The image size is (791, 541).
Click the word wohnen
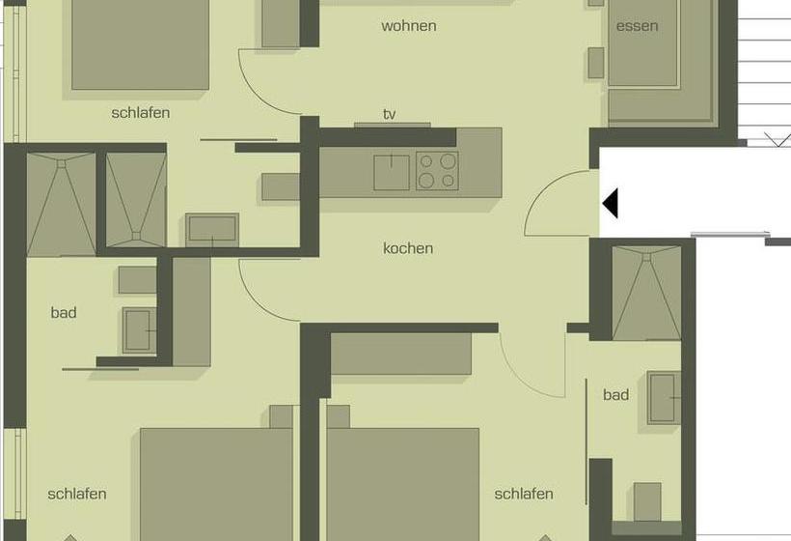[408, 26]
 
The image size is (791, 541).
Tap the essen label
[637, 26]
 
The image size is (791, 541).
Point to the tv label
[390, 114]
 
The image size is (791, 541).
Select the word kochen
[408, 248]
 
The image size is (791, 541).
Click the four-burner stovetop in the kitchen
[437, 171]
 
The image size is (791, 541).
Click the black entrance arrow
[610, 204]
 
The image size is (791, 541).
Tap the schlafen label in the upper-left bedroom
[141, 113]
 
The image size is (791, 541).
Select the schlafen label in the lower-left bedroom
[77, 494]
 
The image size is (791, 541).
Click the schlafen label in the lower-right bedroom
[524, 494]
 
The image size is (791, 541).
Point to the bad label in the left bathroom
[64, 313]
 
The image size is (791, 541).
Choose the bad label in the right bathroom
[615, 394]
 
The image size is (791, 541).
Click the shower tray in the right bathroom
[647, 294]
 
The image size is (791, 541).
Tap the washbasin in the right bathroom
[664, 397]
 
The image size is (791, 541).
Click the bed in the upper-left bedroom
[140, 43]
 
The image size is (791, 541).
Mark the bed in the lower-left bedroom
[216, 483]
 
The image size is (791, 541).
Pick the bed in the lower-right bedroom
[402, 483]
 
